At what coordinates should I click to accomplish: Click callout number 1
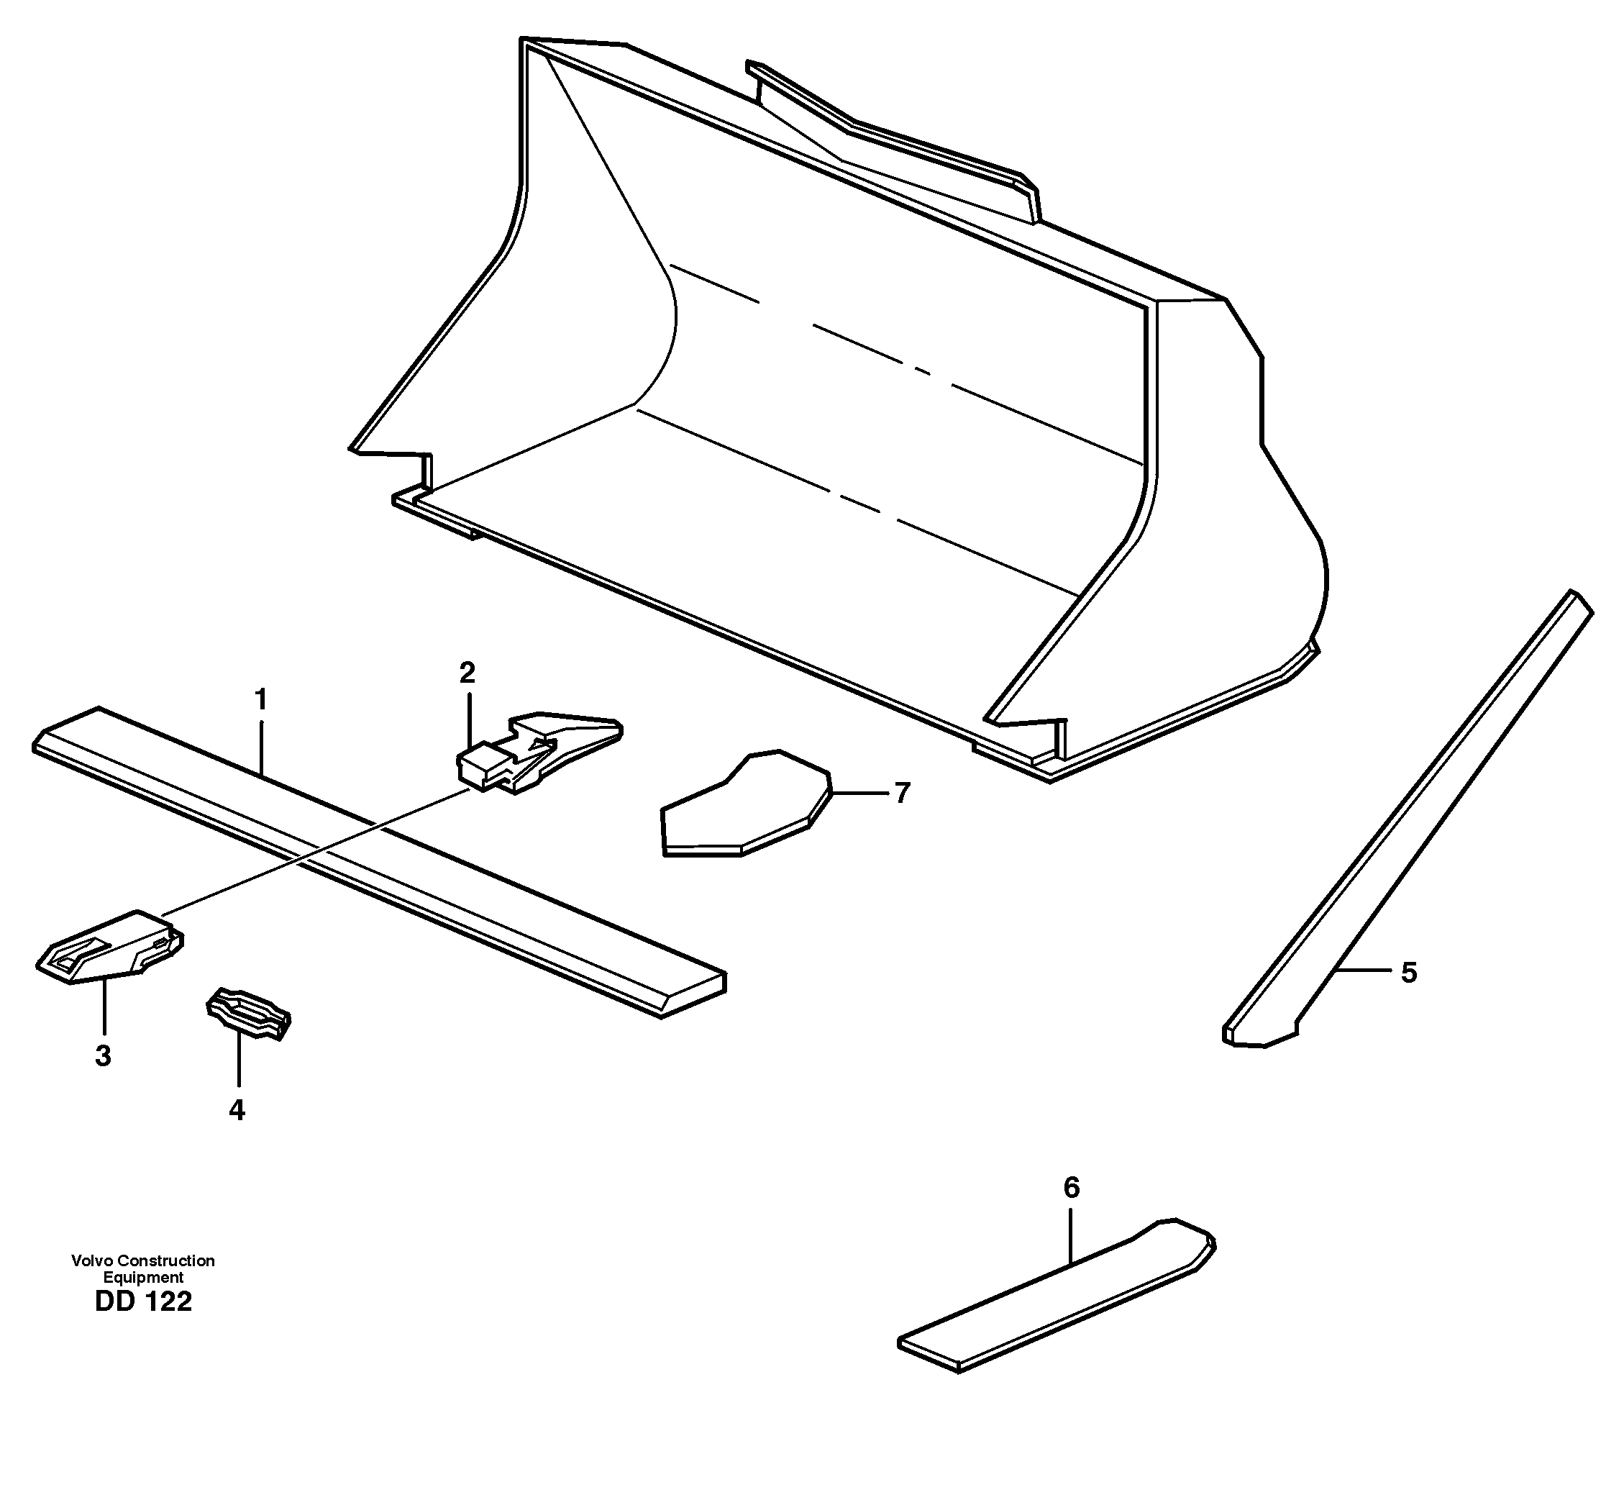pyautogui.click(x=260, y=699)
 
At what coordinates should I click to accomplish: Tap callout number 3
pyautogui.click(x=103, y=1055)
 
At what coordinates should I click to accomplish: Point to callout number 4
pyautogui.click(x=237, y=1110)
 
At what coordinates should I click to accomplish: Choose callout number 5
pyautogui.click(x=1409, y=973)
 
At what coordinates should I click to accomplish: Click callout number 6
pyautogui.click(x=1071, y=1188)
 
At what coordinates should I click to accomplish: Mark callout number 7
pyautogui.click(x=903, y=793)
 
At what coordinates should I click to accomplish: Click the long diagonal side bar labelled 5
pyautogui.click(x=1408, y=817)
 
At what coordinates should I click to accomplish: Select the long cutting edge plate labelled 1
pyautogui.click(x=380, y=862)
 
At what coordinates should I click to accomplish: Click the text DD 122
pyautogui.click(x=143, y=1301)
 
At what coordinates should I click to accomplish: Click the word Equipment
pyautogui.click(x=143, y=1278)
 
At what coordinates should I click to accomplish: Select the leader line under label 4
pyautogui.click(x=239, y=1060)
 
